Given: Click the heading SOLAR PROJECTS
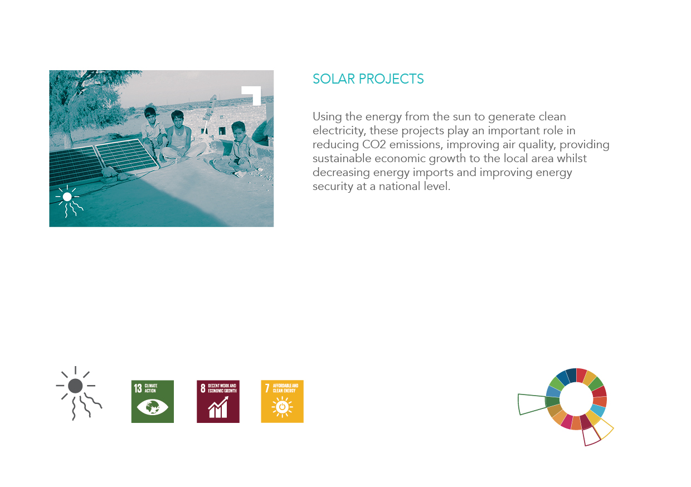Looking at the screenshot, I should coord(368,79).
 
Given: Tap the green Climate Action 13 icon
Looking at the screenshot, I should coord(152,401).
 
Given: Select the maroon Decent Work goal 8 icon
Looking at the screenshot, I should coord(218,401).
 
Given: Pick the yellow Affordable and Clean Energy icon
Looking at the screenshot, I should coord(282,401).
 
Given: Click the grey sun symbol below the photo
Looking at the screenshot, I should coord(76,387).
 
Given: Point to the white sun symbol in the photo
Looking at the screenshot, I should coord(67,197).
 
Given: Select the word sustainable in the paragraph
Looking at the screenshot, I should coord(340,159).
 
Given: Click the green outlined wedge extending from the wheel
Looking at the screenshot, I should coord(531,404).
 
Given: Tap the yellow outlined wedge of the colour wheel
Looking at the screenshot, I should coord(604,428).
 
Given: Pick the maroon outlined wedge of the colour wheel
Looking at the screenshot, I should coord(591,436).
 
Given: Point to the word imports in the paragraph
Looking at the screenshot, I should coord(454,173).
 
